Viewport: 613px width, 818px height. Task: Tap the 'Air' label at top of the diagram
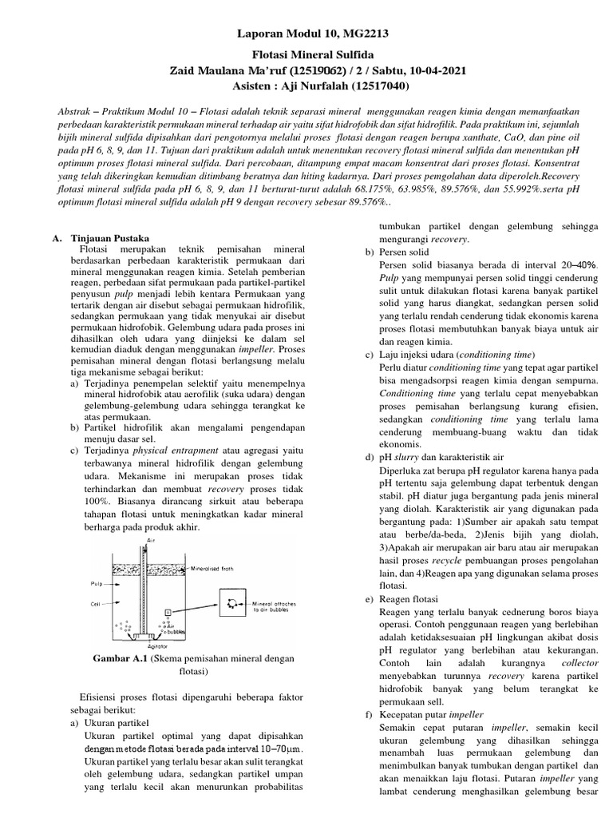pos(150,540)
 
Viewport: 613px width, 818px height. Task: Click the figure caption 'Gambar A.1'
pos(120,658)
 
